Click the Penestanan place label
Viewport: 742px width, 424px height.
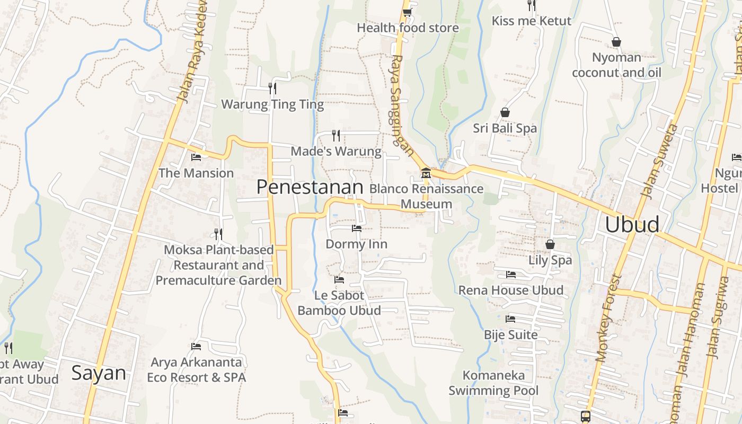pyautogui.click(x=310, y=187)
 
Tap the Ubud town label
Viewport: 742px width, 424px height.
pyautogui.click(x=632, y=224)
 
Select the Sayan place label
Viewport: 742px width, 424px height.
pyautogui.click(x=99, y=373)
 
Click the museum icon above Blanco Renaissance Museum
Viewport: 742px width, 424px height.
pyautogui.click(x=426, y=173)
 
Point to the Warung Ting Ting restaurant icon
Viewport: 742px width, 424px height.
pyautogui.click(x=272, y=88)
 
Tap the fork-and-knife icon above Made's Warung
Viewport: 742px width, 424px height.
pyautogui.click(x=335, y=135)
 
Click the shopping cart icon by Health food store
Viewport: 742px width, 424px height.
pyautogui.click(x=407, y=12)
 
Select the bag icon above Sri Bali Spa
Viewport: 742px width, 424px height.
pyautogui.click(x=505, y=112)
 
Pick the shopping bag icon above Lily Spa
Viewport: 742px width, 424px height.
pyautogui.click(x=550, y=244)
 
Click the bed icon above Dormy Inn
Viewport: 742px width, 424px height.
pyautogui.click(x=357, y=228)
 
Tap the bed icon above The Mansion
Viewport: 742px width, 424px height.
pyautogui.click(x=196, y=157)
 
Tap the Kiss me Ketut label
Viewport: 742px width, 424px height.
pyautogui.click(x=532, y=21)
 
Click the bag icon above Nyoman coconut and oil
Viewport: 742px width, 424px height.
pyautogui.click(x=616, y=42)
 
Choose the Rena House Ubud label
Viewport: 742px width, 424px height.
pyautogui.click(x=510, y=290)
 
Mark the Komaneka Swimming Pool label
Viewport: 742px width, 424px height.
pyautogui.click(x=493, y=383)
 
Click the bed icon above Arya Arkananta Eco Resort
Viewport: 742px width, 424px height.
pyautogui.click(x=196, y=347)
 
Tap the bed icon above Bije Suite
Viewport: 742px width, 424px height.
pyautogui.click(x=510, y=319)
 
